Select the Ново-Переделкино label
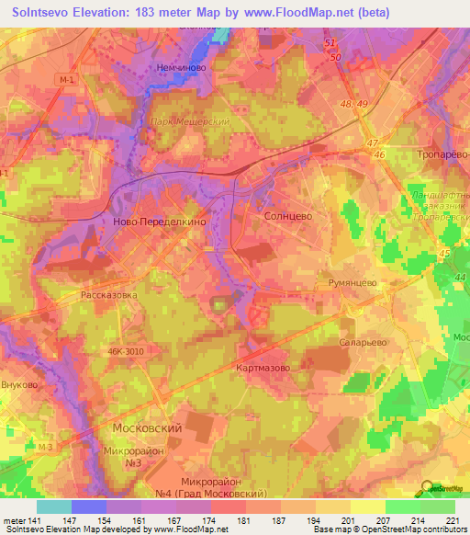coord(153,222)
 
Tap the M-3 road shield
coord(46,446)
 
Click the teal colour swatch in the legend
coord(53,507)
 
